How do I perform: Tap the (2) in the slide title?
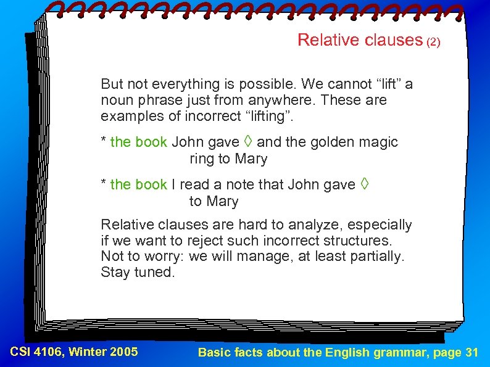point(434,43)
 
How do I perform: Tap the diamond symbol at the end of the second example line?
point(365,184)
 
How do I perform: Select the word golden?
point(332,142)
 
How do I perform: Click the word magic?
point(378,142)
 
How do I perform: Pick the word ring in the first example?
point(201,159)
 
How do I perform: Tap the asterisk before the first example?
point(104,141)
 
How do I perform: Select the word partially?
point(378,257)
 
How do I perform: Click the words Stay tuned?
point(138,273)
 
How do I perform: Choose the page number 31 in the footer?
point(471,353)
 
